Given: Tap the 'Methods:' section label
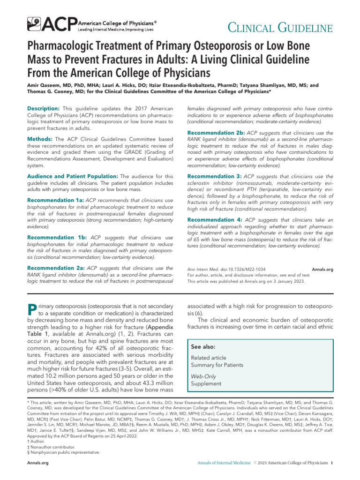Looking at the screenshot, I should [x=40, y=139].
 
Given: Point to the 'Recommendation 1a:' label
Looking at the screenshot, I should [x=54, y=200].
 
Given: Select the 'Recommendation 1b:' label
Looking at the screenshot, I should [x=55, y=237].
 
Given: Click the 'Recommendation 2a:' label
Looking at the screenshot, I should [x=55, y=268].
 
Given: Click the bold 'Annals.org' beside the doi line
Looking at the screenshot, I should [x=322, y=270].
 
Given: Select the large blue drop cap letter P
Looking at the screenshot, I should [x=32, y=310].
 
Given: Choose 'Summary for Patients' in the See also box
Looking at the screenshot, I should [x=217, y=365].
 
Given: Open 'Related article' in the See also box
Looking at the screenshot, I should [x=208, y=358].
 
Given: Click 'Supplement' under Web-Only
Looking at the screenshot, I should [x=206, y=383].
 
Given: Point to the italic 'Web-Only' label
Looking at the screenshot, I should [x=204, y=376].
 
